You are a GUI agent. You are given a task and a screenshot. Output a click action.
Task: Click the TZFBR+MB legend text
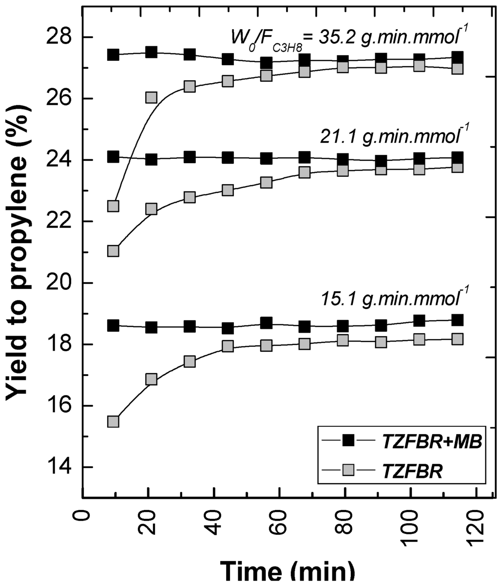click(429, 441)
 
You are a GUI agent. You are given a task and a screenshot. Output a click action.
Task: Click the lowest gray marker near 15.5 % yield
click(114, 421)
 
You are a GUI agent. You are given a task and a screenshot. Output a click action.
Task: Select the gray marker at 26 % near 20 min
click(151, 97)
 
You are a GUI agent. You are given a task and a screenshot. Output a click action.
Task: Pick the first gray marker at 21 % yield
click(114, 251)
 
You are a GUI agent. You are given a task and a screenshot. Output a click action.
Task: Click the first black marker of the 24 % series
click(114, 157)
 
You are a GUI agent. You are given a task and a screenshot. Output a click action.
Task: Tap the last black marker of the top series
click(457, 57)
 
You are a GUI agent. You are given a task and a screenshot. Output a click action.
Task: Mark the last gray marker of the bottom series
click(457, 339)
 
